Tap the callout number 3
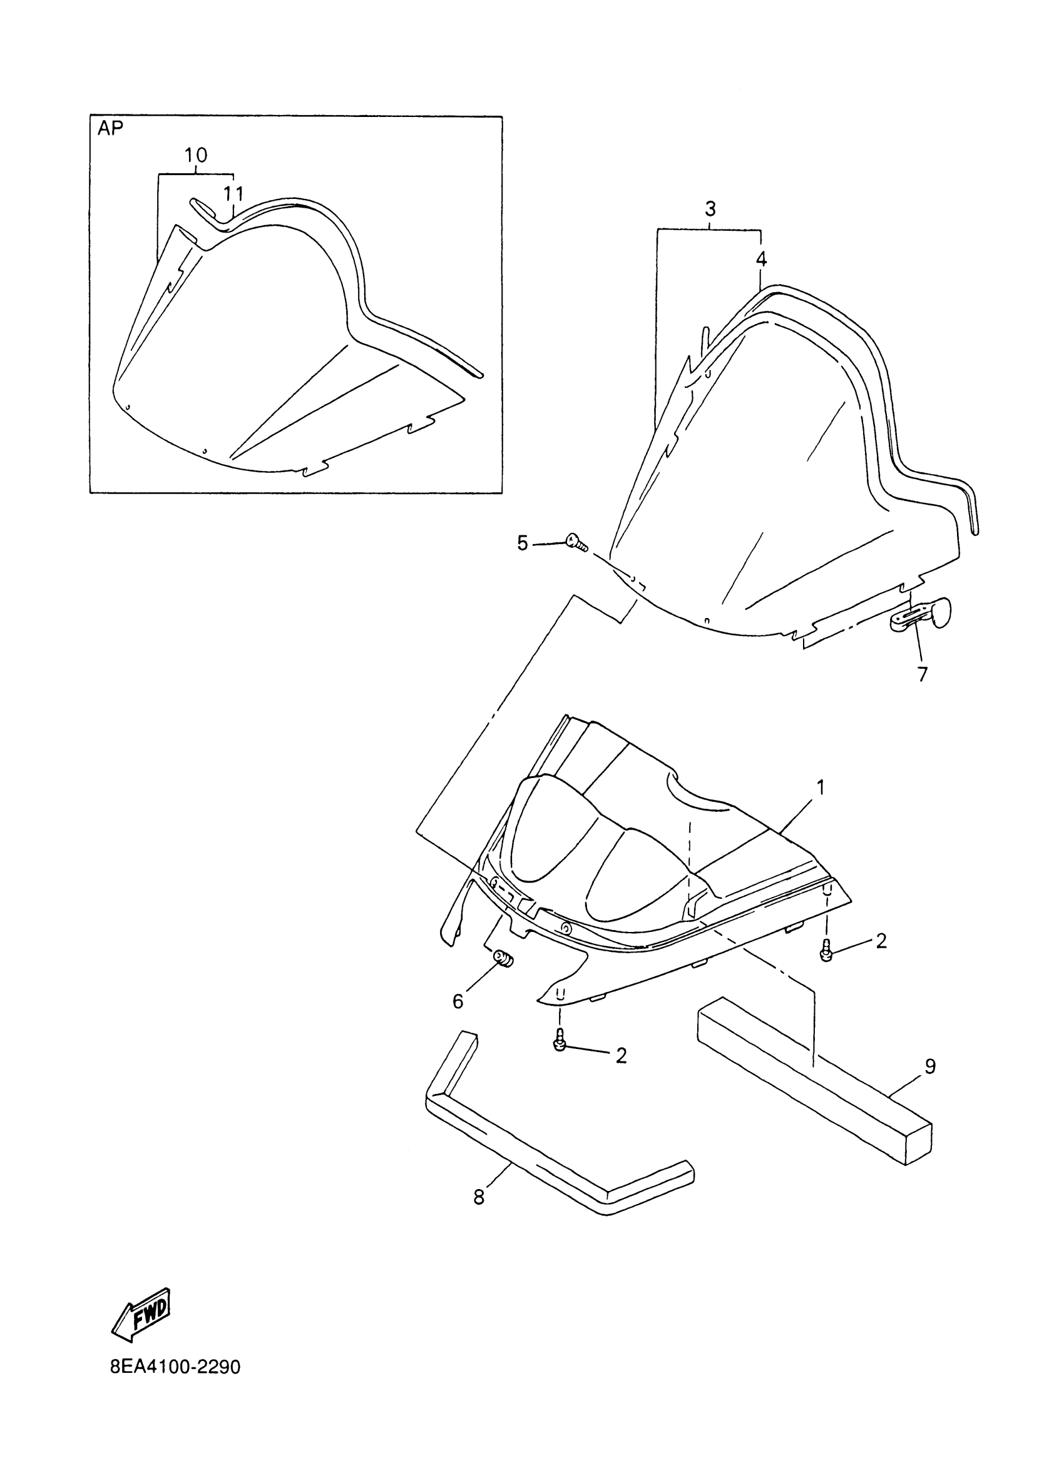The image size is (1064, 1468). tap(710, 209)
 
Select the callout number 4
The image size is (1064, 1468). tap(761, 259)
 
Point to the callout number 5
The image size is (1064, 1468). tap(523, 543)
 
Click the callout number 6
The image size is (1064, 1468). tap(458, 1002)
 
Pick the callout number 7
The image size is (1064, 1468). tap(922, 674)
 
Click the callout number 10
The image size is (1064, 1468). tap(195, 155)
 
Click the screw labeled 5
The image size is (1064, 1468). tap(576, 541)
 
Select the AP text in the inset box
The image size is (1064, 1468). tap(110, 128)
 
